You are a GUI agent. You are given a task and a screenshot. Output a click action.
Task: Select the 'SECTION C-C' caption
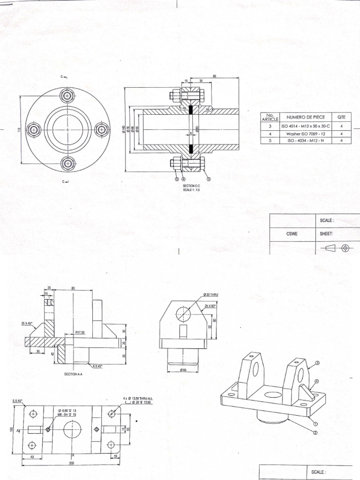coord(192,186)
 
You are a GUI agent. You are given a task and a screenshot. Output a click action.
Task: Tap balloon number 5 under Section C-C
coord(176,179)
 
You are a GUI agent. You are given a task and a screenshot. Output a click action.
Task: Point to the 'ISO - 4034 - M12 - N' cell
coord(304,140)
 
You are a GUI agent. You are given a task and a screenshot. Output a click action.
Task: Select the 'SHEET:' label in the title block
coord(326,232)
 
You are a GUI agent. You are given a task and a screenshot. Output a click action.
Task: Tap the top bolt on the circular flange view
coord(67,97)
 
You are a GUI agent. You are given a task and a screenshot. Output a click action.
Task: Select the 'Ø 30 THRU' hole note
coord(210,294)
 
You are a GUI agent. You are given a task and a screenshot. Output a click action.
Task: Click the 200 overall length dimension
coord(72,463)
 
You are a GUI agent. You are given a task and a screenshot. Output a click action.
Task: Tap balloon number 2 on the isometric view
coord(315,433)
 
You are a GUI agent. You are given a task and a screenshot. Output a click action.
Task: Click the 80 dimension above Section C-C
coord(215,76)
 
